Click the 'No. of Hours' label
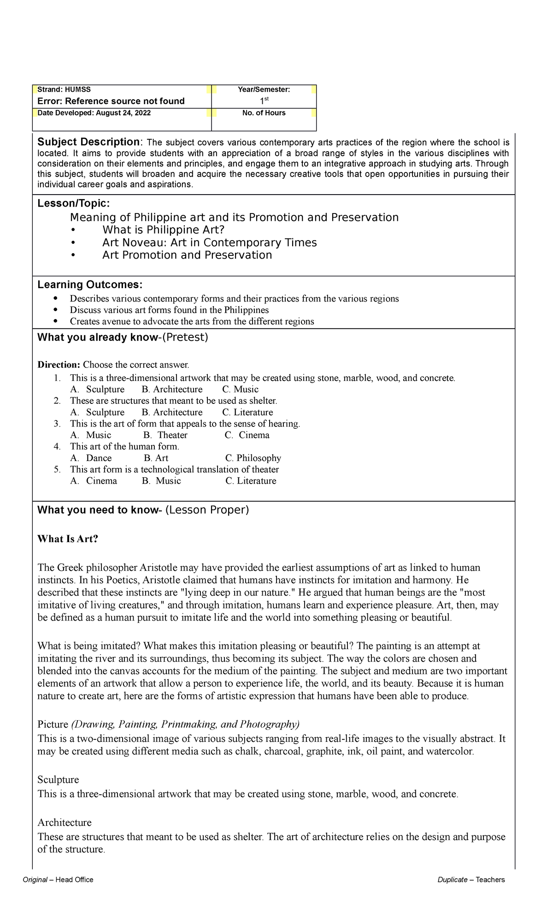(x=264, y=113)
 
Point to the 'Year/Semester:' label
(x=264, y=89)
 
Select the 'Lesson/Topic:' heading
(x=73, y=204)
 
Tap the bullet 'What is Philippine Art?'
(x=163, y=230)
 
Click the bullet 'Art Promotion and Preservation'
(x=187, y=255)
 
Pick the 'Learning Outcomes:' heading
(x=90, y=284)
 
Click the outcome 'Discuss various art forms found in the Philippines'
(x=169, y=310)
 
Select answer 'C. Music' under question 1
(x=240, y=389)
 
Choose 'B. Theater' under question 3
(x=165, y=435)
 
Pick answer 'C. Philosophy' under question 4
(x=253, y=458)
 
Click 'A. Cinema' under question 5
(x=94, y=481)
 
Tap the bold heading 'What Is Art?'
(x=68, y=539)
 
